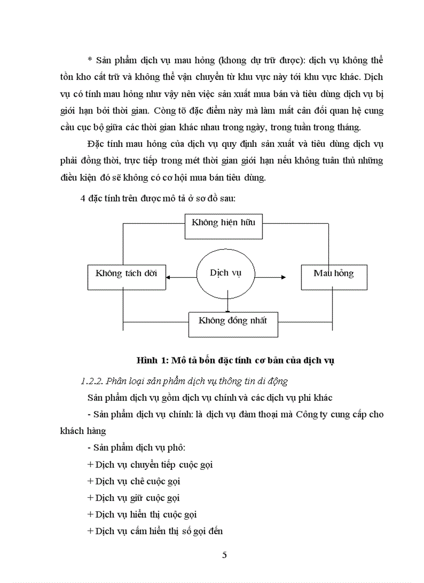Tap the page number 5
pyautogui.click(x=224, y=554)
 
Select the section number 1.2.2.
pyautogui.click(x=92, y=381)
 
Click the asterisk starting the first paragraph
pyautogui.click(x=90, y=60)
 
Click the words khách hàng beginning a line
pyautogui.click(x=83, y=431)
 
